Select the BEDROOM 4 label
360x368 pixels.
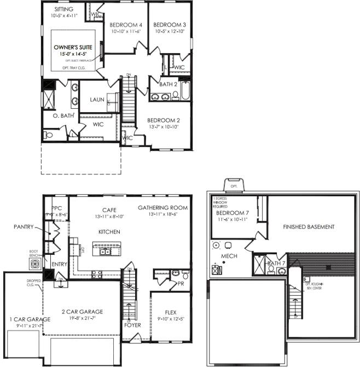126,25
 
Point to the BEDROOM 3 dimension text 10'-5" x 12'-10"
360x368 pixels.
170,32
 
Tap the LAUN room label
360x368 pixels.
97,100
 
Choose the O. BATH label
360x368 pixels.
63,116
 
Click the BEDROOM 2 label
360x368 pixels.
163,120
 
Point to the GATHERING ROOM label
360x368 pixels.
162,208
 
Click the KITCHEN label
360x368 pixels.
109,232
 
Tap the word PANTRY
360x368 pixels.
24,226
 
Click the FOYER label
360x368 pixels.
132,325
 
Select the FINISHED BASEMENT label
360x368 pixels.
309,226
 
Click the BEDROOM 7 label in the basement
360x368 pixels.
233,213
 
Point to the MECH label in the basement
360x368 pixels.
229,255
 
